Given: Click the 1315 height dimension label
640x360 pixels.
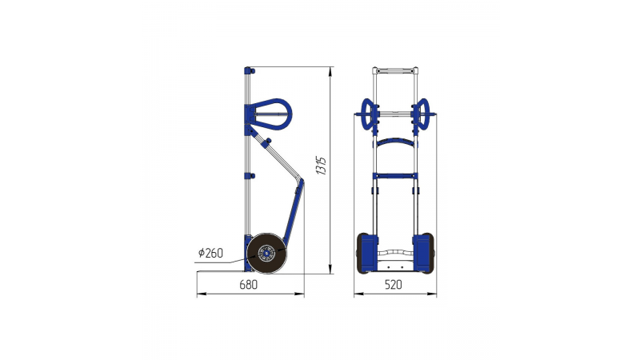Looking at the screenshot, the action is [x=322, y=166].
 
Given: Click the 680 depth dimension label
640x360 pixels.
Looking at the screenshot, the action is [x=248, y=285].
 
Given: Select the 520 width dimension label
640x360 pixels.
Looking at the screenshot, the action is [x=393, y=285].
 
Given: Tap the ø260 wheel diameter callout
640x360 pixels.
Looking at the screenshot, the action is [x=210, y=253].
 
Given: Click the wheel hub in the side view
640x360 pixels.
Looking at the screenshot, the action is [x=266, y=254].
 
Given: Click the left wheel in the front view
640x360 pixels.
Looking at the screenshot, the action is [x=362, y=253].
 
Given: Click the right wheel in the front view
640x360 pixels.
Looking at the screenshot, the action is [x=428, y=253].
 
